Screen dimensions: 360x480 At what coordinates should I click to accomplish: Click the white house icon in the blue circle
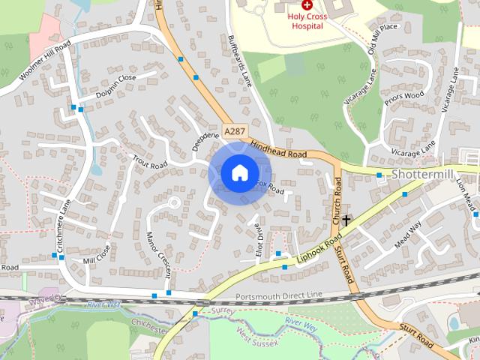point(239,172)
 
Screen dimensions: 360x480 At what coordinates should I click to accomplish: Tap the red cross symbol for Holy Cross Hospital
point(307,4)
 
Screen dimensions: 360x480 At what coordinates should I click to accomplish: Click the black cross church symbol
point(346,220)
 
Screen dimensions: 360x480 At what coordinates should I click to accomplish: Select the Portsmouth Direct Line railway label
point(278,295)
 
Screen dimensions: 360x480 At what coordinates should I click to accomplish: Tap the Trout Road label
point(148,160)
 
